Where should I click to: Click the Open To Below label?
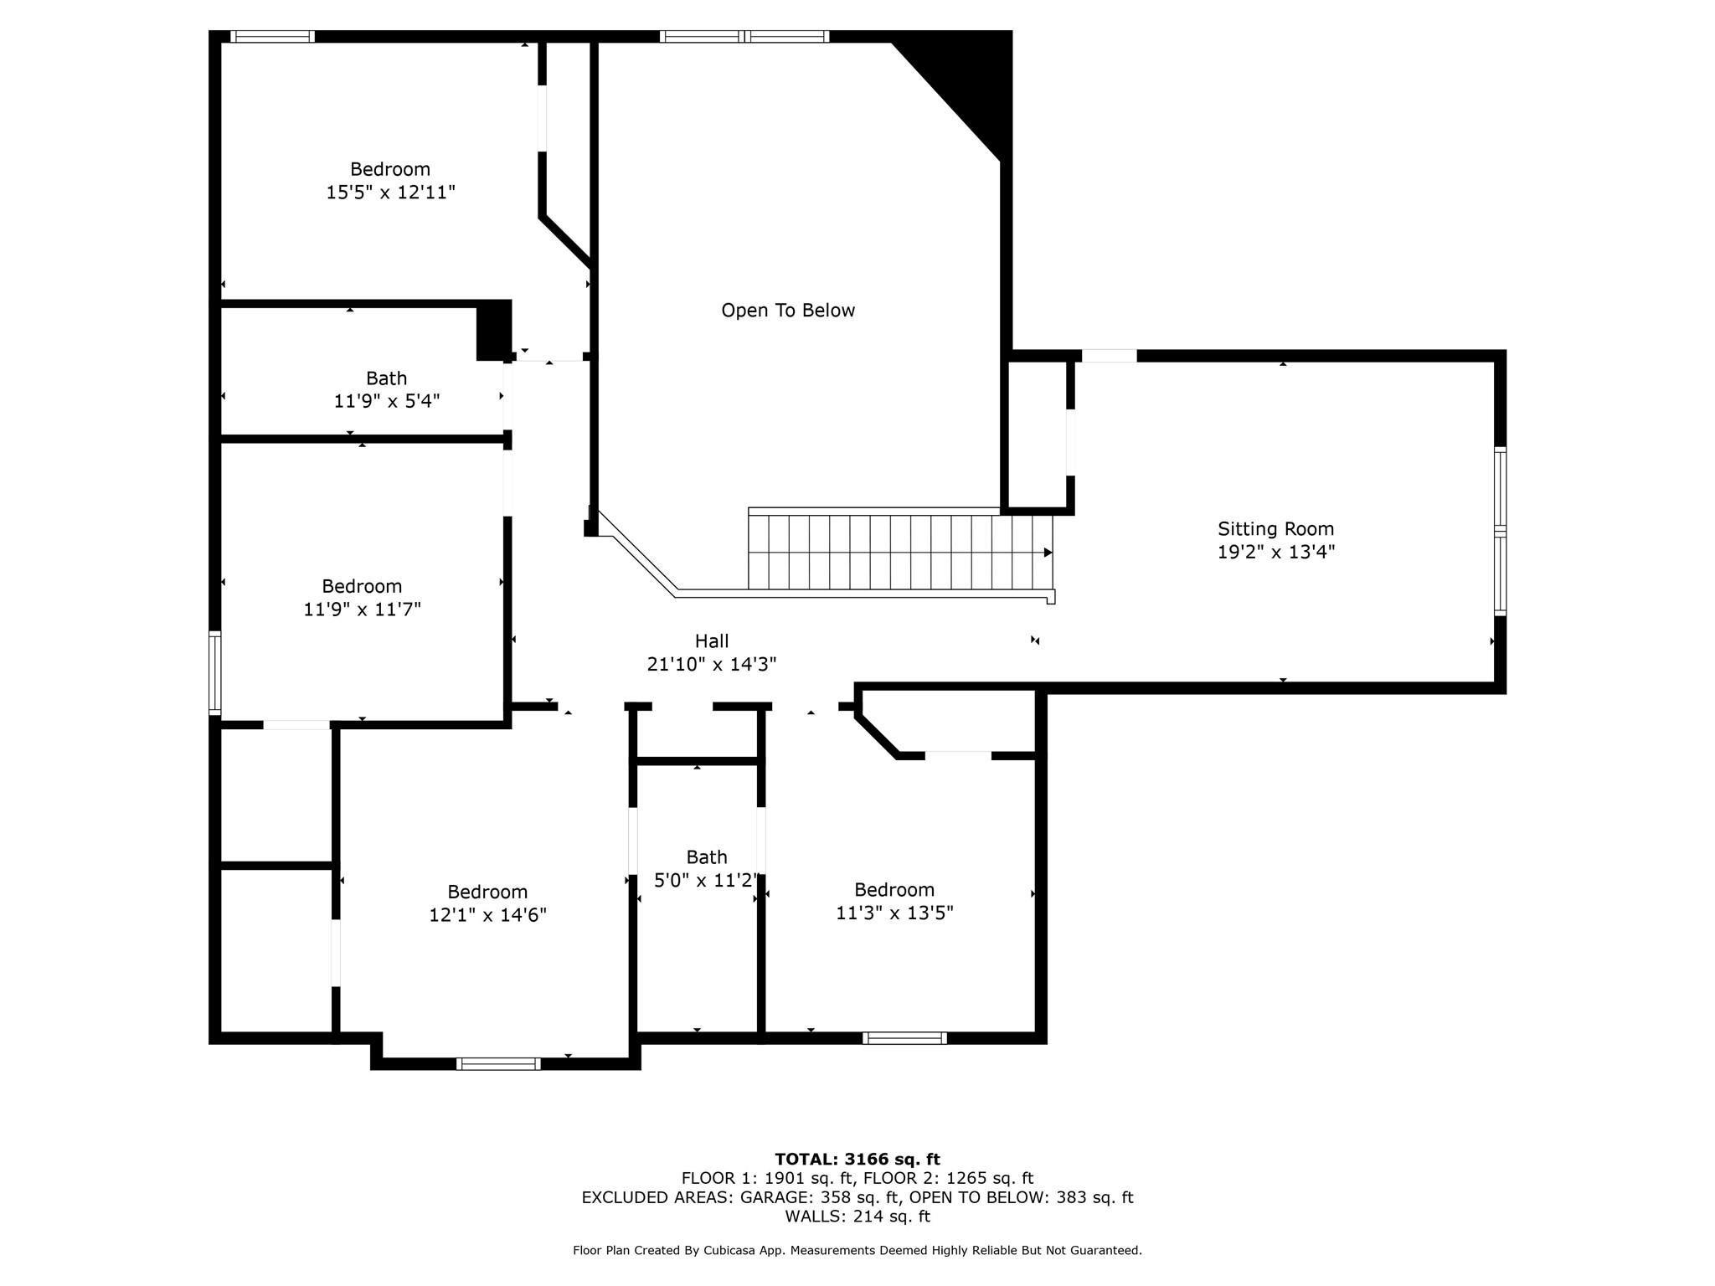click(x=788, y=311)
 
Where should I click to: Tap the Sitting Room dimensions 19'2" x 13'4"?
click(x=1275, y=552)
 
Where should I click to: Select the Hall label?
click(x=712, y=641)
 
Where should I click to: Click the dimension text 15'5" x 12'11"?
click(x=390, y=193)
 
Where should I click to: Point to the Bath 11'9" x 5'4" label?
click(x=386, y=389)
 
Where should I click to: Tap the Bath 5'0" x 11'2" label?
click(x=706, y=868)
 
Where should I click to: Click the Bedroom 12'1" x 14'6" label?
click(x=487, y=903)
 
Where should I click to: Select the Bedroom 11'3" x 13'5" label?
click(x=894, y=901)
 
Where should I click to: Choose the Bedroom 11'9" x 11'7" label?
click(x=362, y=597)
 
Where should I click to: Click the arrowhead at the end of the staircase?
click(x=1048, y=553)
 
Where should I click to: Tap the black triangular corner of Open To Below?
click(x=971, y=75)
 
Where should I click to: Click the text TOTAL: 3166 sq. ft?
click(x=857, y=1159)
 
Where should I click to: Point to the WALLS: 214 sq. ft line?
click(x=857, y=1216)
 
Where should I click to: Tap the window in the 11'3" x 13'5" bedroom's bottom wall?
click(x=904, y=1038)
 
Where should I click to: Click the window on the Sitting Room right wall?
click(x=1500, y=532)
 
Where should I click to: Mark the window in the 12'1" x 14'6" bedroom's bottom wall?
click(x=498, y=1064)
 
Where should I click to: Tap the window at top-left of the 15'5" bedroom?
click(x=272, y=36)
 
